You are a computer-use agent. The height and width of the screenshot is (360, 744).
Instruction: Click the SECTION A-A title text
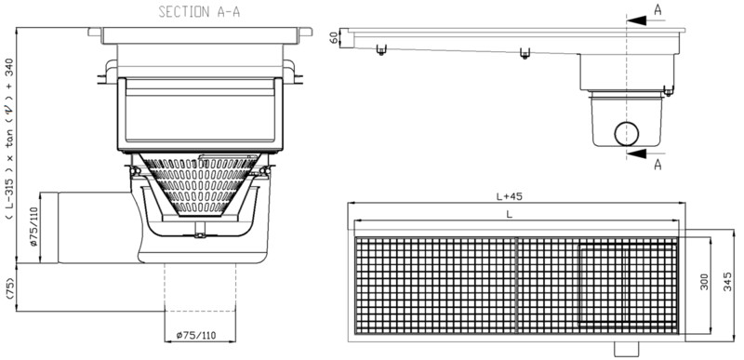pyautogui.click(x=199, y=12)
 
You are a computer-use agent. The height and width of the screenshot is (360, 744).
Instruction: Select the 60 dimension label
pyautogui.click(x=335, y=37)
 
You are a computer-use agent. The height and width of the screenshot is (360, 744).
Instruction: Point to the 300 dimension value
pyautogui.click(x=704, y=282)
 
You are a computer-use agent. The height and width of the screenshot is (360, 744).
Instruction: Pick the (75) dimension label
pyautogui.click(x=10, y=287)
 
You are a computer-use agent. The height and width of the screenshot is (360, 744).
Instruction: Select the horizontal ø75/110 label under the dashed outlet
pyautogui.click(x=195, y=336)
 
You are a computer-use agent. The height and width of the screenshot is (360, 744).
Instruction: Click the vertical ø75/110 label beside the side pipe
pyautogui.click(x=34, y=228)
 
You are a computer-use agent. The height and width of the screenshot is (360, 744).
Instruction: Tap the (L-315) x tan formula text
pyautogui.click(x=10, y=139)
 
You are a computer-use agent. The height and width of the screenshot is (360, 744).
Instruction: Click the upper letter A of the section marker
pyautogui.click(x=658, y=9)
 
